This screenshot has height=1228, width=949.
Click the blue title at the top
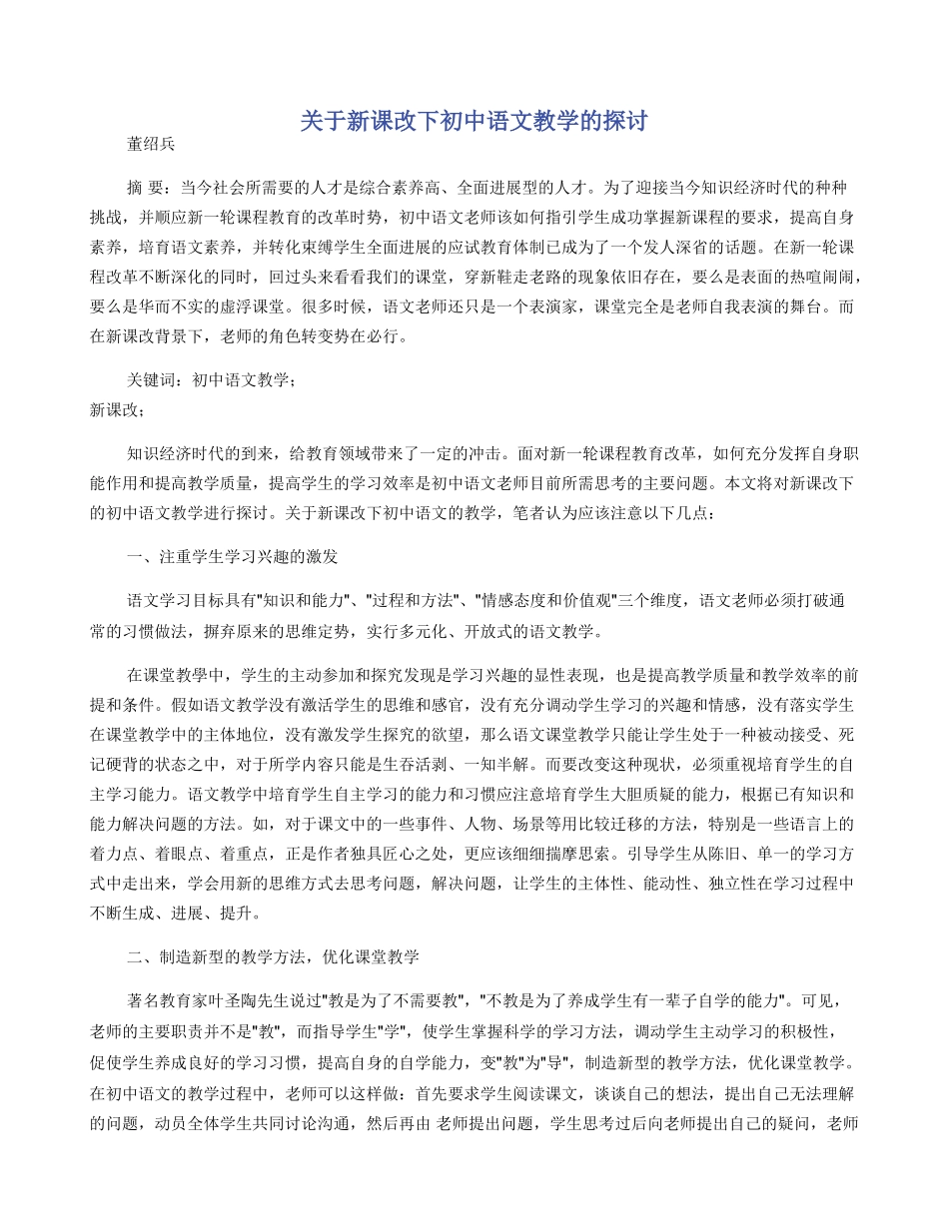474,122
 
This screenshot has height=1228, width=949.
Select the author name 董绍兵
151,144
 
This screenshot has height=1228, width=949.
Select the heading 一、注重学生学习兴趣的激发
239,556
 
